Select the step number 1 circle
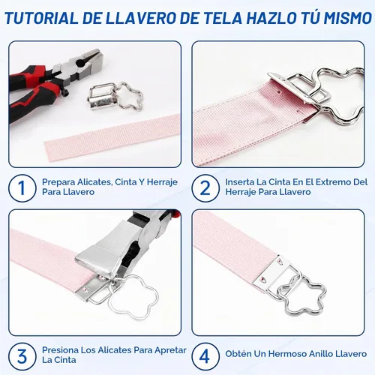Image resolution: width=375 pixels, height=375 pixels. point(21,187)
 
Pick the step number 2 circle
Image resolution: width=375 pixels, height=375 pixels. point(205,187)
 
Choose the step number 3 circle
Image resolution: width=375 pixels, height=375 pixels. point(21,355)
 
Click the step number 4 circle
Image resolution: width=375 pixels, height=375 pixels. point(205,356)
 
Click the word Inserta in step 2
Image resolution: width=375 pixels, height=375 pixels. point(239,182)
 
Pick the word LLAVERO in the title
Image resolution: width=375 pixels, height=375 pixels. point(136,18)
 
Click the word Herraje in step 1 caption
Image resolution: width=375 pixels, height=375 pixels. point(162,182)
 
